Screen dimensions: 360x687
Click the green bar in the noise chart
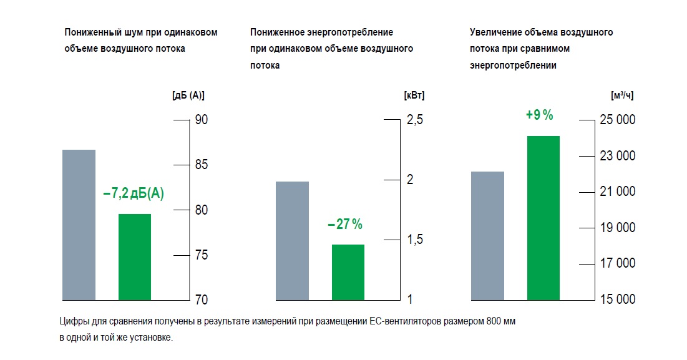tap(135, 256)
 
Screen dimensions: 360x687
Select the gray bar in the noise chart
tap(79, 225)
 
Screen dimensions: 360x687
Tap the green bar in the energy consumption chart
tap(348, 272)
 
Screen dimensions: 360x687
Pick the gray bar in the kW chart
tap(293, 240)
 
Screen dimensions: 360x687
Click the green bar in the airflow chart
tap(543, 217)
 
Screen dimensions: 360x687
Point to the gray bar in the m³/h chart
tap(488, 235)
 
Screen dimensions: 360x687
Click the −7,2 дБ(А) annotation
tap(134, 193)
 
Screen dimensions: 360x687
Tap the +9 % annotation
tap(540, 115)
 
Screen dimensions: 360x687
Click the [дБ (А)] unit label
tap(188, 95)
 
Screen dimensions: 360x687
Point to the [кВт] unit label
tap(414, 95)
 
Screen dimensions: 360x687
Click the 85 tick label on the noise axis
tap(202, 165)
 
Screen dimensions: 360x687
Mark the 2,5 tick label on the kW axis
tap(415, 120)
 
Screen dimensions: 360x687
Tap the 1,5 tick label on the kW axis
tap(415, 240)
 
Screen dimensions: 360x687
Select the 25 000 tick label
tap(617, 120)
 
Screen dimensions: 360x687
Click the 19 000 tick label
tap(617, 228)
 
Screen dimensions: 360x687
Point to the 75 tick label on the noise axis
tap(202, 255)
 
